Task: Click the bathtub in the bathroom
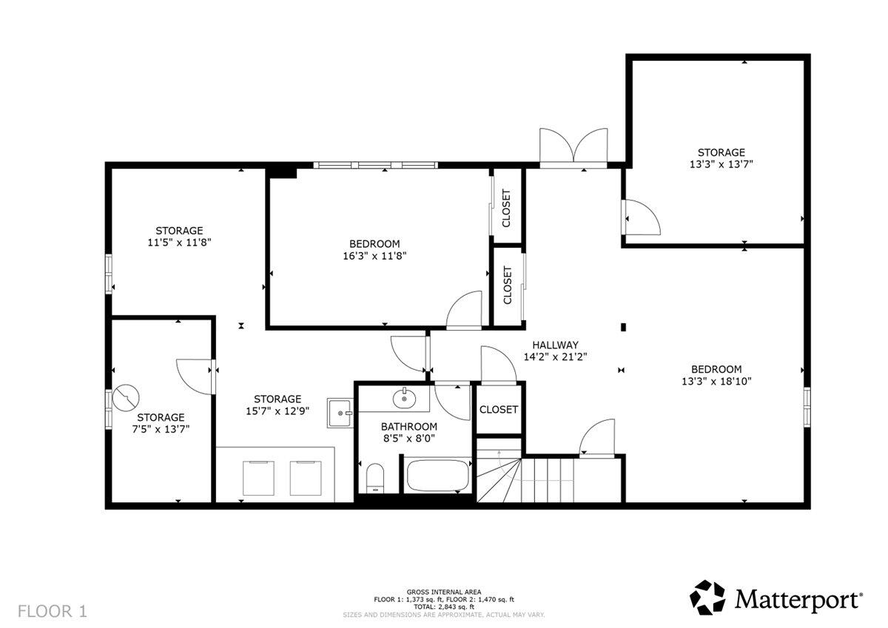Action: pos(437,475)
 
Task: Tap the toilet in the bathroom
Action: pos(375,478)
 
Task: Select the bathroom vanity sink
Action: pos(404,399)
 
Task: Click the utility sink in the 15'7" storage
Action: pos(341,411)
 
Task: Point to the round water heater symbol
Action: pos(126,398)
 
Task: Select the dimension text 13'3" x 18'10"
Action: pos(716,382)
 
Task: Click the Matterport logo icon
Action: pos(709,597)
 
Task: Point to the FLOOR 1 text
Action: pos(53,611)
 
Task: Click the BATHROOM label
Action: pos(408,427)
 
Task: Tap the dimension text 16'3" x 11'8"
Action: pos(374,257)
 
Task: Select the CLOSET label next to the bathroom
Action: pos(499,410)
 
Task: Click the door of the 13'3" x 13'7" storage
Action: pos(641,219)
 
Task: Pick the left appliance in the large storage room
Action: pos(258,477)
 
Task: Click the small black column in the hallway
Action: pos(624,326)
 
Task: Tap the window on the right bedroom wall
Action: pos(807,407)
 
